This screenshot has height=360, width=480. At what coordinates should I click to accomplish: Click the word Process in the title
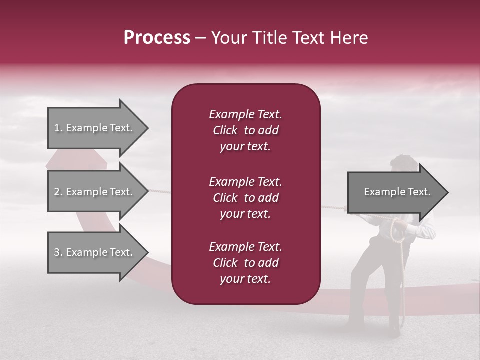tap(157, 38)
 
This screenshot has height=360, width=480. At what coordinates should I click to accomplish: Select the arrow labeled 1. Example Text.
tap(94, 128)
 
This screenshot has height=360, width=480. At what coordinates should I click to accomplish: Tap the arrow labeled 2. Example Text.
tap(94, 192)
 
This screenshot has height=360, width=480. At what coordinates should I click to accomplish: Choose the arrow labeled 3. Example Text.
tap(94, 252)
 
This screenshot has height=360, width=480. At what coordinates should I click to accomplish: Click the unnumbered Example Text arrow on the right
tap(397, 192)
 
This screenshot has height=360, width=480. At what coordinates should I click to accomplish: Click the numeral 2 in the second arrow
tap(57, 192)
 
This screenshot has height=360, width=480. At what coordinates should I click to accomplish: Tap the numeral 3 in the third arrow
tap(57, 252)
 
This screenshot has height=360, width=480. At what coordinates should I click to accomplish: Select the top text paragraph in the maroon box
tap(245, 130)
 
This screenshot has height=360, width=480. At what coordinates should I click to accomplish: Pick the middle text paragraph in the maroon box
tap(245, 198)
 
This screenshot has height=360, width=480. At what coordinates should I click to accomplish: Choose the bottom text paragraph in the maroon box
tap(245, 263)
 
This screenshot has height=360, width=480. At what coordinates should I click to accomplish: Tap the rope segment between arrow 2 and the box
tap(160, 191)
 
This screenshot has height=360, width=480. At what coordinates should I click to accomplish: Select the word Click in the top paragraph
tap(225, 130)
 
